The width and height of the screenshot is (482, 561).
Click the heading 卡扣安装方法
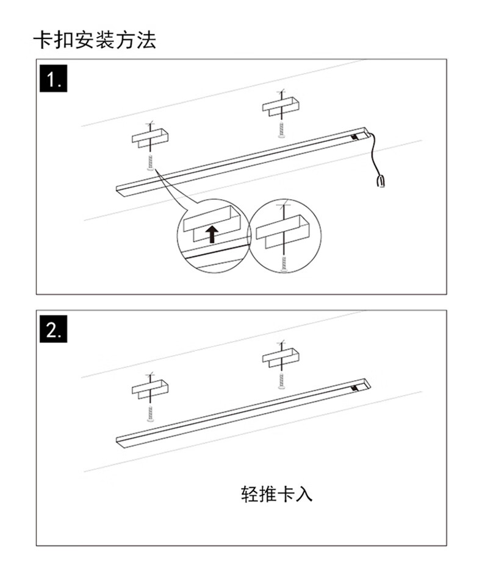(x=95, y=40)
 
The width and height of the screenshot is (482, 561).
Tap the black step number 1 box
(x=54, y=79)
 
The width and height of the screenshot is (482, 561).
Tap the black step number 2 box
(x=54, y=329)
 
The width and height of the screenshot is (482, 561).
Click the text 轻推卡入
(x=276, y=494)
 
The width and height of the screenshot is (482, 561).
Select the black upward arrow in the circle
(x=212, y=234)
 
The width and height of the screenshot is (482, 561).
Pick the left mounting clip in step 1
(x=150, y=138)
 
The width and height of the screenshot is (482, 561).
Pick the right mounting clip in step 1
(x=281, y=106)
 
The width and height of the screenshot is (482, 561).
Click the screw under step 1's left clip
(x=151, y=163)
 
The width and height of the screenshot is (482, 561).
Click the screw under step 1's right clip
(x=281, y=130)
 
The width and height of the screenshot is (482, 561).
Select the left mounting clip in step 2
(x=150, y=389)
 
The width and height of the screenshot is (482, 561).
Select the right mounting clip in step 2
(x=281, y=357)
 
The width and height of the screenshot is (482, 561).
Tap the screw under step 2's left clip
(x=151, y=414)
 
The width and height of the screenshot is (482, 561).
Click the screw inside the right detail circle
(x=284, y=264)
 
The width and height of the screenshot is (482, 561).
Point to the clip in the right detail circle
(x=282, y=231)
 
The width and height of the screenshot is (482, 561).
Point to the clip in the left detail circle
(x=212, y=224)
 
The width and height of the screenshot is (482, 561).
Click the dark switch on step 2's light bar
(x=354, y=387)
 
